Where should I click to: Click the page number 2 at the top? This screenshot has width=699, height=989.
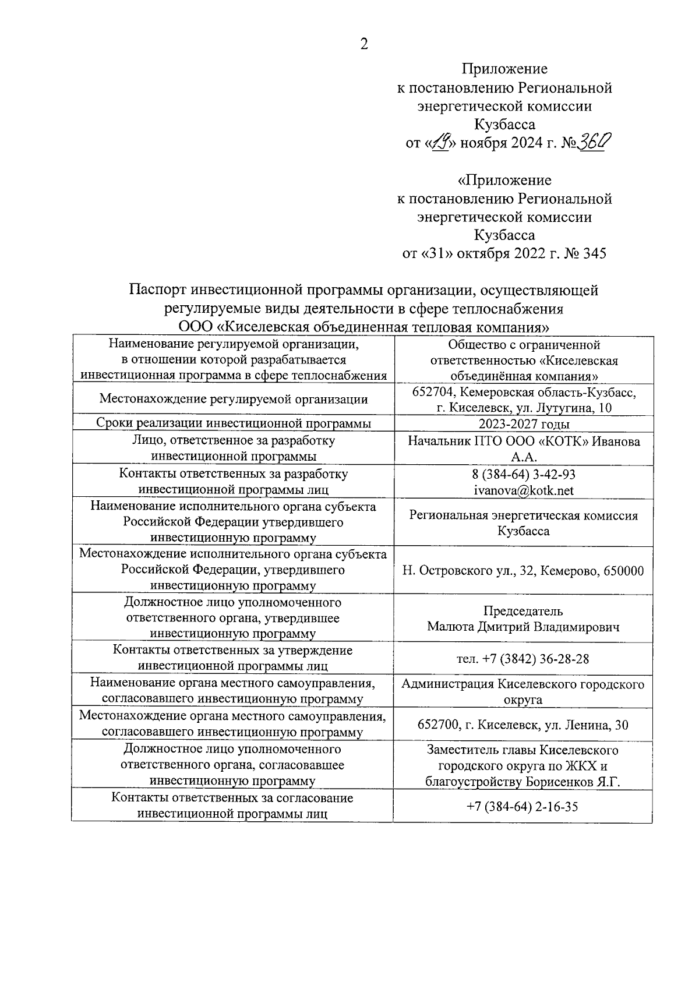pos(364,44)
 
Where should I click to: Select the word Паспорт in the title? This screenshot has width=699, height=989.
pos(158,289)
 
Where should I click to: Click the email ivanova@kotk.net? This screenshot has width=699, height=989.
pos(524,490)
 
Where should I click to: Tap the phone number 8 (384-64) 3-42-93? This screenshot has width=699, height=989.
pos(524,474)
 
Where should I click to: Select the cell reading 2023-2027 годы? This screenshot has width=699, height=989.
pos(524,424)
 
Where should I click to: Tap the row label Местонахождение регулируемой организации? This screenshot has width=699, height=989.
pos(233,399)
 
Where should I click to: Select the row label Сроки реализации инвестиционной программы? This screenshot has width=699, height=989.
pos(233,423)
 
